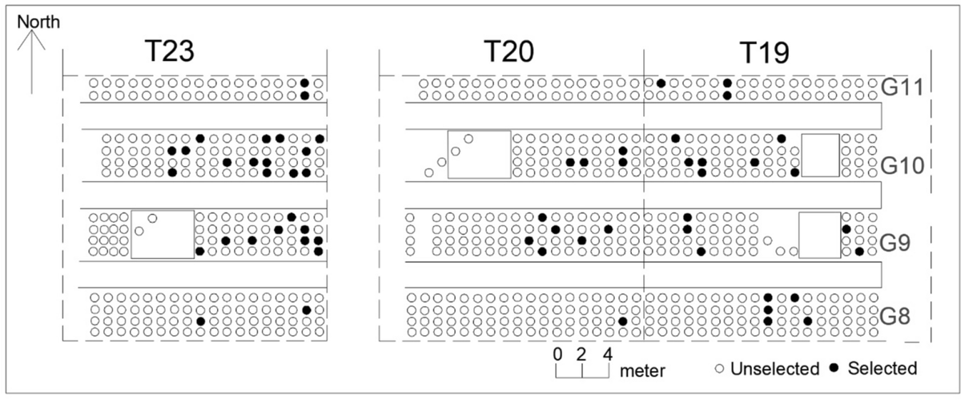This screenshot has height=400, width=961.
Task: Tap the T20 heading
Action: point(509,52)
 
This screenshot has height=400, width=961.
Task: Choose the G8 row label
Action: point(900,310)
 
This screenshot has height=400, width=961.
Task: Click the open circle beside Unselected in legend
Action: point(720,369)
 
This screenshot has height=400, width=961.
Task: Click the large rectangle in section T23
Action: point(163,234)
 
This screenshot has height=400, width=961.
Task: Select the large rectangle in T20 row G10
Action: point(479,155)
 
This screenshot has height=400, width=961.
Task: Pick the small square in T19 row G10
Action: point(820,155)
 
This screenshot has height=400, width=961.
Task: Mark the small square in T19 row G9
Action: point(819,234)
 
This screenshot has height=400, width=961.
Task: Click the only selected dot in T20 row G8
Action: point(622,321)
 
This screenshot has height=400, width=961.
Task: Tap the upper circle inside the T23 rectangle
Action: point(152,218)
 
